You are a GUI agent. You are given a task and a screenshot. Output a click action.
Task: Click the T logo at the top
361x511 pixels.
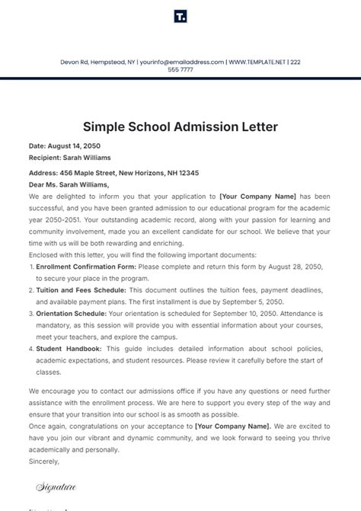180,16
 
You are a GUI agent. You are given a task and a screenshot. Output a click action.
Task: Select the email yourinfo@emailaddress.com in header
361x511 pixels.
182,61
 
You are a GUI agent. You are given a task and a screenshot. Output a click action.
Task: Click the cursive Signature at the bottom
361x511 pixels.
56,484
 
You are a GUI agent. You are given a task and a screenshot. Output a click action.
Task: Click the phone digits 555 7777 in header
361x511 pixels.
180,69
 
